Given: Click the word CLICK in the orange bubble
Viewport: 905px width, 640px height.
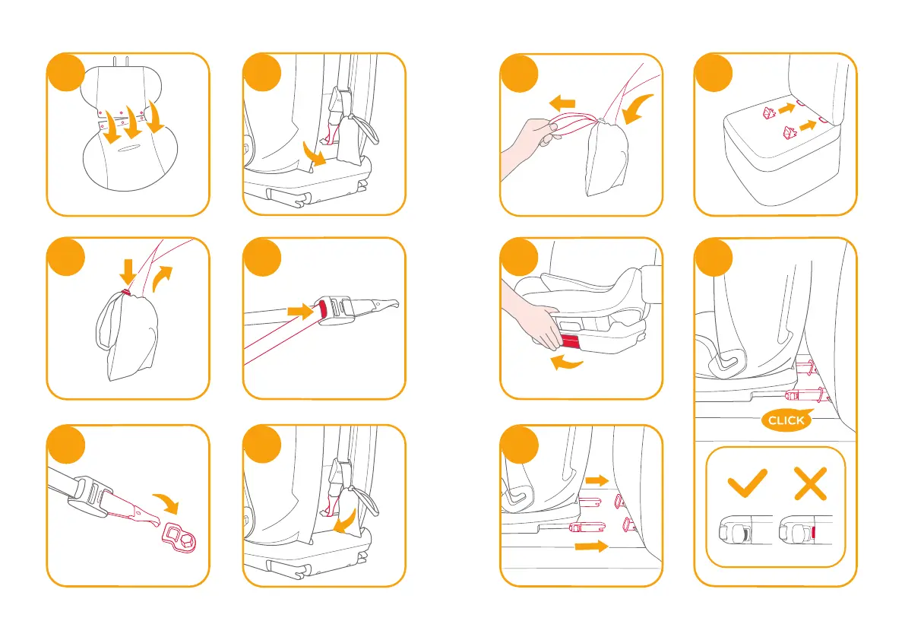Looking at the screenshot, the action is click(x=786, y=420).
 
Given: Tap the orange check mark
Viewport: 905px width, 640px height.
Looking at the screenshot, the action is click(x=747, y=483).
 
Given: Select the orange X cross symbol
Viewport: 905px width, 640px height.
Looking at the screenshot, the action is click(x=811, y=483).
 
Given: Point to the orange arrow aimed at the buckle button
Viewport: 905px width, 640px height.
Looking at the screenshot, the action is click(x=300, y=312).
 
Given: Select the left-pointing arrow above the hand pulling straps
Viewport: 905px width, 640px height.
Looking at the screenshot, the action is click(x=562, y=104).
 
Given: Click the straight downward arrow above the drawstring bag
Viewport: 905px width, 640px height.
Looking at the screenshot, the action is click(x=128, y=271).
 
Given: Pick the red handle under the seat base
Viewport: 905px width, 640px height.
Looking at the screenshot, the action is click(x=570, y=341).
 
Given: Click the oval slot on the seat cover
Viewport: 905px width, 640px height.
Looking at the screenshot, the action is click(x=128, y=148).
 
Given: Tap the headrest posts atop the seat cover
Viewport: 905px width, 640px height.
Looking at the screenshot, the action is click(x=120, y=61).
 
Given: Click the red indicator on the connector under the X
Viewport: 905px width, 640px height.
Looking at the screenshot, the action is click(x=814, y=533).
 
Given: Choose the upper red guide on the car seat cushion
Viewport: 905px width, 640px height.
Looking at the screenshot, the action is click(x=769, y=112).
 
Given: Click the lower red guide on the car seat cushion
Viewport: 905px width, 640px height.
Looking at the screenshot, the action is click(x=789, y=134).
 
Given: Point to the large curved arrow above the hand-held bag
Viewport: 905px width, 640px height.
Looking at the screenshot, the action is click(x=637, y=109).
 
